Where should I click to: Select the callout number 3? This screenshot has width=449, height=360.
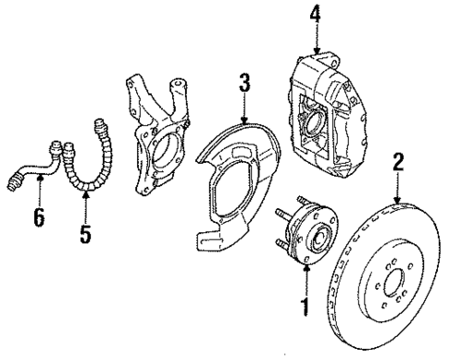coord(244,84)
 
